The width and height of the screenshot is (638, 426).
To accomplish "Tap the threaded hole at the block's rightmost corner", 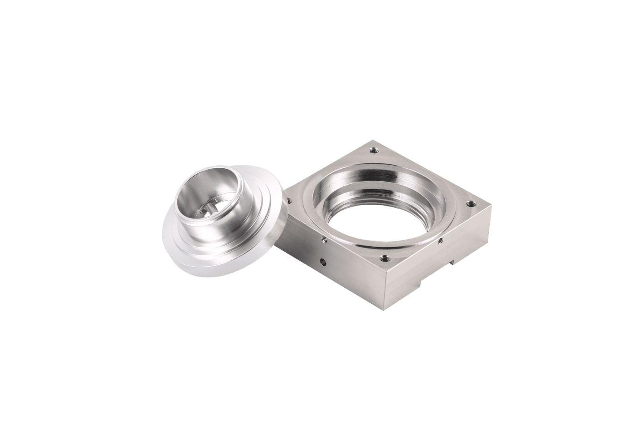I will coord(471,204).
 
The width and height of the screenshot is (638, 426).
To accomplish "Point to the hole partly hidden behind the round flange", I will coord(289,201).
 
